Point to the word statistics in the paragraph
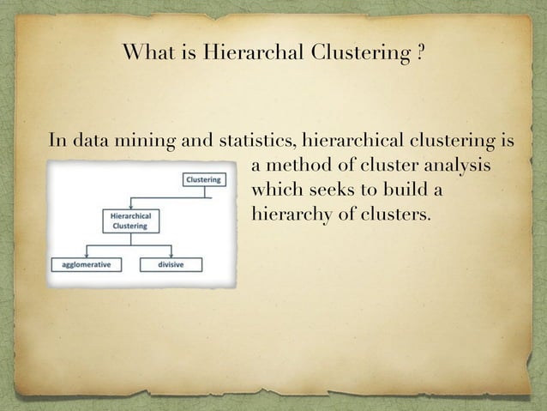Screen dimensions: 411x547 257,141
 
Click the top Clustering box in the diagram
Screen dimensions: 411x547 203,179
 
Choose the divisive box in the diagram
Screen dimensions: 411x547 171,264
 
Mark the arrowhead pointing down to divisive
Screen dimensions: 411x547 171,255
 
